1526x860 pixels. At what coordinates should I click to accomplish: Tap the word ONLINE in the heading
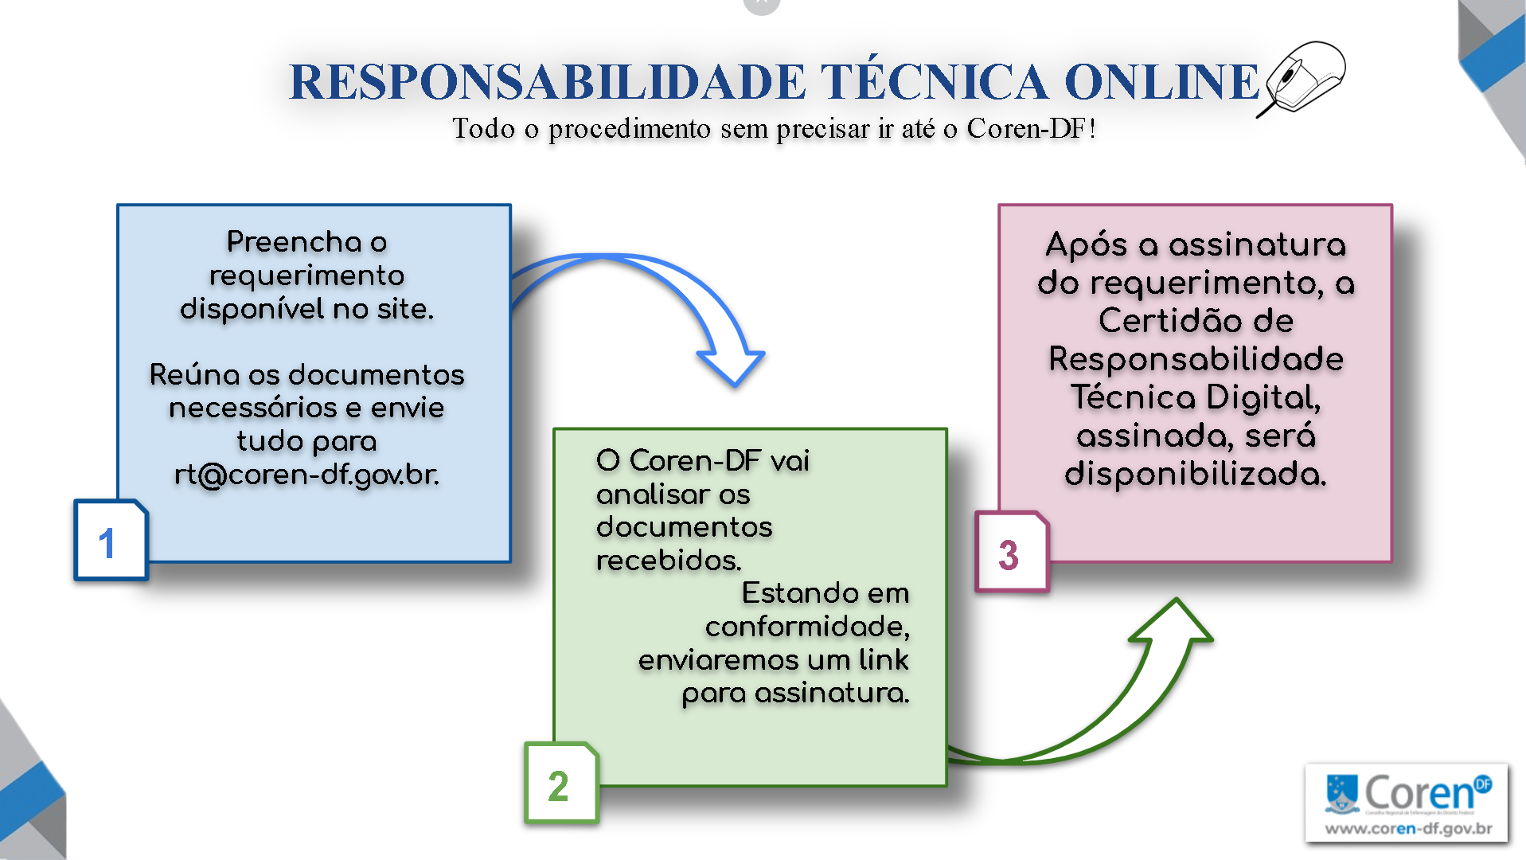pyautogui.click(x=1161, y=82)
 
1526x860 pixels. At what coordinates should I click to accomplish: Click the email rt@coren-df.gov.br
pyautogui.click(x=306, y=475)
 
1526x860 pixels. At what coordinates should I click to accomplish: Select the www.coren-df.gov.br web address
pyautogui.click(x=1407, y=829)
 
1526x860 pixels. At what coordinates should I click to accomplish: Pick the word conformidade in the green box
pyautogui.click(x=806, y=627)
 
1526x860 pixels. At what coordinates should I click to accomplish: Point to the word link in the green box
pyautogui.click(x=883, y=660)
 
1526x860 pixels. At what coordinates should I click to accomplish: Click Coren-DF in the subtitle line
pyautogui.click(x=1026, y=128)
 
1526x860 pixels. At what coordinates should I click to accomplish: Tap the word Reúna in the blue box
pyautogui.click(x=194, y=374)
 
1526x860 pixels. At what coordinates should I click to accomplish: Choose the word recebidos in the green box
pyautogui.click(x=668, y=561)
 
